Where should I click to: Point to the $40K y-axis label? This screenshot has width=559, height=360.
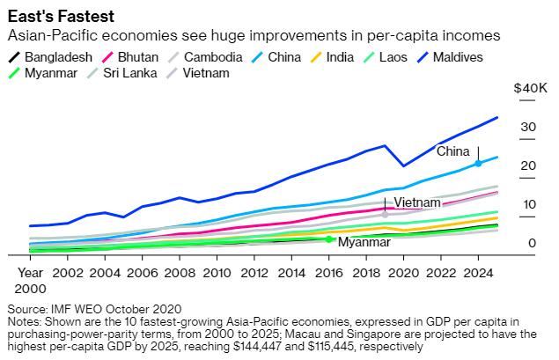coord(530,89)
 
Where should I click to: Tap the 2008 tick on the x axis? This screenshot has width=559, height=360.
coord(180,274)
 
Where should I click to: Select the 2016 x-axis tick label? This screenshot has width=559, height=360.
coord(328,274)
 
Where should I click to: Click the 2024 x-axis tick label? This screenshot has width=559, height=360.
coord(478,274)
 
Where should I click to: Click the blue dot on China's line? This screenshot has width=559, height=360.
coord(478,164)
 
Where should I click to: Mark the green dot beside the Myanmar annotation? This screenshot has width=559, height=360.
coord(328,239)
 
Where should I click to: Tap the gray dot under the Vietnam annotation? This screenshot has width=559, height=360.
coord(385,214)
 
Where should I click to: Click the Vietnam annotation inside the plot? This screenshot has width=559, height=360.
coord(416,203)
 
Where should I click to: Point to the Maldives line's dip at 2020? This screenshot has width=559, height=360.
coord(403,165)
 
